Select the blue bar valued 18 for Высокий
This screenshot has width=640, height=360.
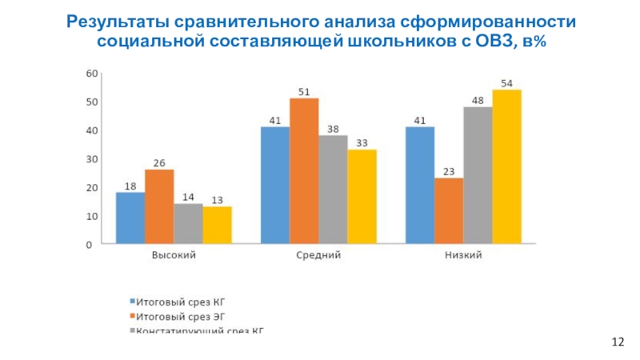[x=130, y=218]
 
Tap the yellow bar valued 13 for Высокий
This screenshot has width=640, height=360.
[x=217, y=225]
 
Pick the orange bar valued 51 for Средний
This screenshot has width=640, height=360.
[x=304, y=171]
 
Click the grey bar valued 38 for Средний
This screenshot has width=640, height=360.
[x=333, y=190]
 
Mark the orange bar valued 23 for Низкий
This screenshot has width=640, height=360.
[x=449, y=211]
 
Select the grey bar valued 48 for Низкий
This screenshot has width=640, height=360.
[x=478, y=175]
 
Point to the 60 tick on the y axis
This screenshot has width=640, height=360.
[x=91, y=74]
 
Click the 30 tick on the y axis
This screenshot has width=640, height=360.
[x=91, y=159]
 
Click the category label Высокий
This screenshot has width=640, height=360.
[x=174, y=256]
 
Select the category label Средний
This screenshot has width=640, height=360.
[x=318, y=256]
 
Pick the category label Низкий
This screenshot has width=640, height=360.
[x=463, y=256]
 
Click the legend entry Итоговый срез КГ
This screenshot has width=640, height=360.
[x=177, y=302]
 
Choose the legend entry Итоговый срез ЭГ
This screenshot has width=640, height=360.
[x=177, y=316]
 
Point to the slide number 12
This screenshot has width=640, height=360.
[x=617, y=342]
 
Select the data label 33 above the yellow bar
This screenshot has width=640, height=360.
[x=362, y=143]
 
